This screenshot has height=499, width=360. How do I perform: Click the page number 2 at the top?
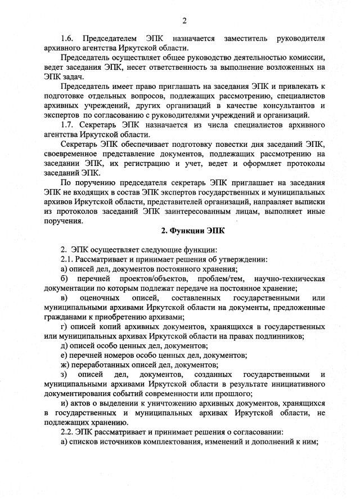tap(184, 21)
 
